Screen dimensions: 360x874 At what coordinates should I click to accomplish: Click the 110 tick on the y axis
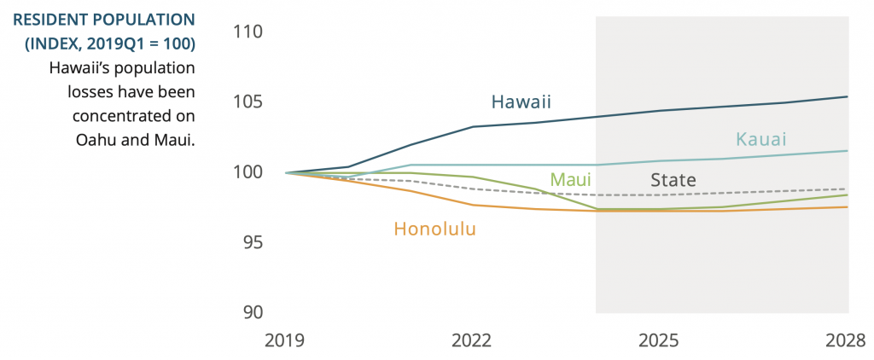point(248,32)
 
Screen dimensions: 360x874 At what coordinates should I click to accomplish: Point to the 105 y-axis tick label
point(248,102)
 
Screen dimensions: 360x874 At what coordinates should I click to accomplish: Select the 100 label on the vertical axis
point(248,172)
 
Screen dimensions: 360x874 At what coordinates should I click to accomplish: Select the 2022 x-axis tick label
point(471,340)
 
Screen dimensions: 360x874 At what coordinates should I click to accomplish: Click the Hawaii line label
point(521,102)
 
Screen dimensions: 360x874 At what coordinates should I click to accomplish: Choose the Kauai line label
point(760,139)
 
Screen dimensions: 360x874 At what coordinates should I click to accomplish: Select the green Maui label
point(570,180)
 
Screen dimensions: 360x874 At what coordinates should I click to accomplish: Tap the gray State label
point(673,180)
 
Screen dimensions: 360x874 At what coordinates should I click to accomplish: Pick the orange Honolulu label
point(434,229)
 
